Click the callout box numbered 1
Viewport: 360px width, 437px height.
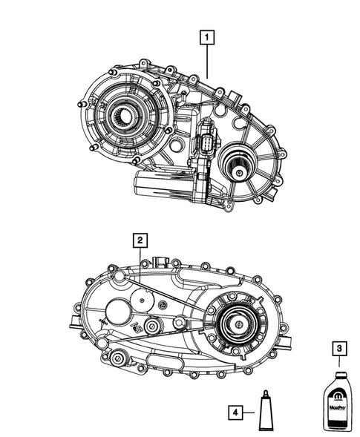206,36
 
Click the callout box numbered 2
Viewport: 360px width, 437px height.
139,240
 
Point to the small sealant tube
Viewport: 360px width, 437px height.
264,412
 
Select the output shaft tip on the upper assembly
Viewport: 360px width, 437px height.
241,173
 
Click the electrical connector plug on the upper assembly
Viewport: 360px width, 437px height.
208,145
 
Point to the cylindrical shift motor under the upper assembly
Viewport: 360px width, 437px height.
160,183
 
